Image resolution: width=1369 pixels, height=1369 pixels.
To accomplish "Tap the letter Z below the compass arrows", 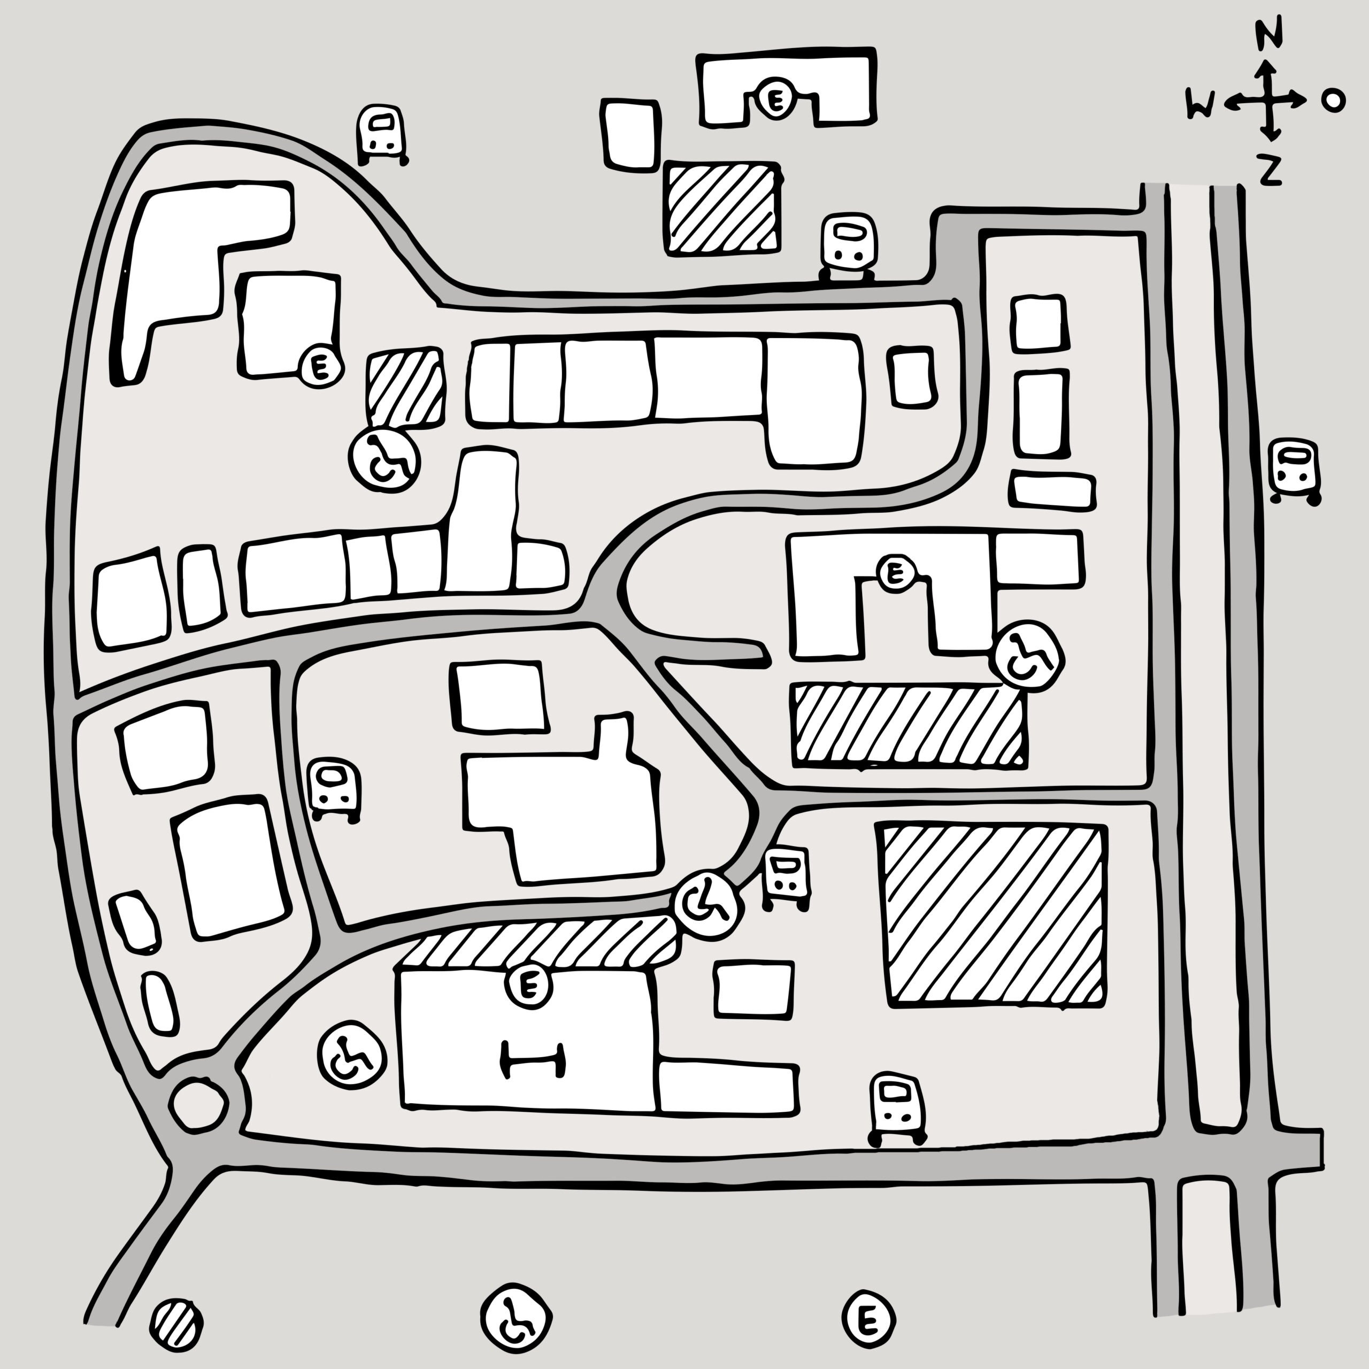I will pyautogui.click(x=1271, y=170).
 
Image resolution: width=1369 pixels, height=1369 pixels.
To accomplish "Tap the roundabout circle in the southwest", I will pyautogui.click(x=199, y=1103).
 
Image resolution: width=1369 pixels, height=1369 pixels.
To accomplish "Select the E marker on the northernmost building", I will pyautogui.click(x=776, y=100).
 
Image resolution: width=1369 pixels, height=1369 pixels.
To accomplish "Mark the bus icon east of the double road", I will pyautogui.click(x=1295, y=471).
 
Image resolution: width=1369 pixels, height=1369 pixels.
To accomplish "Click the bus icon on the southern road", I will pyautogui.click(x=898, y=1110).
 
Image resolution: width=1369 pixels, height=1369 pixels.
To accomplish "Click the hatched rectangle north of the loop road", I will pyautogui.click(x=722, y=207).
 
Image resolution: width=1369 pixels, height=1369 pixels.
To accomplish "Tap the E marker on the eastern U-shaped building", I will pyautogui.click(x=896, y=572).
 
